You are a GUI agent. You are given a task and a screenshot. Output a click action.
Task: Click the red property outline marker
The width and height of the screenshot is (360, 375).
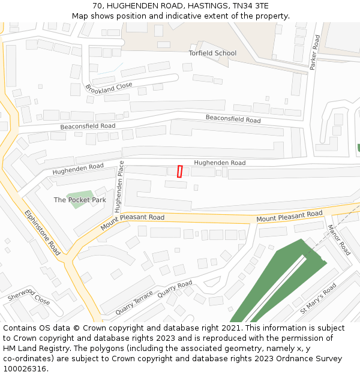[x=179, y=171]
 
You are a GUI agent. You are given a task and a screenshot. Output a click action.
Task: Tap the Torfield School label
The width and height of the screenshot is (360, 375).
[x=212, y=53]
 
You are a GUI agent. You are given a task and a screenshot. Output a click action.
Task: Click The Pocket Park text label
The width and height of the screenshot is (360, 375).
[x=80, y=200]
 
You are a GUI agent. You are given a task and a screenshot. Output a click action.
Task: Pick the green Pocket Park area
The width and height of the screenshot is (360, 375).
[x=79, y=197]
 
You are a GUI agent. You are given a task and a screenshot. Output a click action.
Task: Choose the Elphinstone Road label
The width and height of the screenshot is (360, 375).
[x=43, y=232]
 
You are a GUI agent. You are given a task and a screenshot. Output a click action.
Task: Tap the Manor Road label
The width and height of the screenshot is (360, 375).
[x=339, y=240]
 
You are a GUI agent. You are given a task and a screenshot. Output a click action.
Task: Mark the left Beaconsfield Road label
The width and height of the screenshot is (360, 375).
[x=88, y=127]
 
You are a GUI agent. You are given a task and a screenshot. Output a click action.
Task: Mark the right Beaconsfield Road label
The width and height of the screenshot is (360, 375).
[x=233, y=119]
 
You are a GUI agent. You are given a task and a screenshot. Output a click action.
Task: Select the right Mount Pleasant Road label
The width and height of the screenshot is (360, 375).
[x=289, y=217]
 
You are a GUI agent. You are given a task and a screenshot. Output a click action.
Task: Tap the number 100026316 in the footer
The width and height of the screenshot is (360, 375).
[x=25, y=368]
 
